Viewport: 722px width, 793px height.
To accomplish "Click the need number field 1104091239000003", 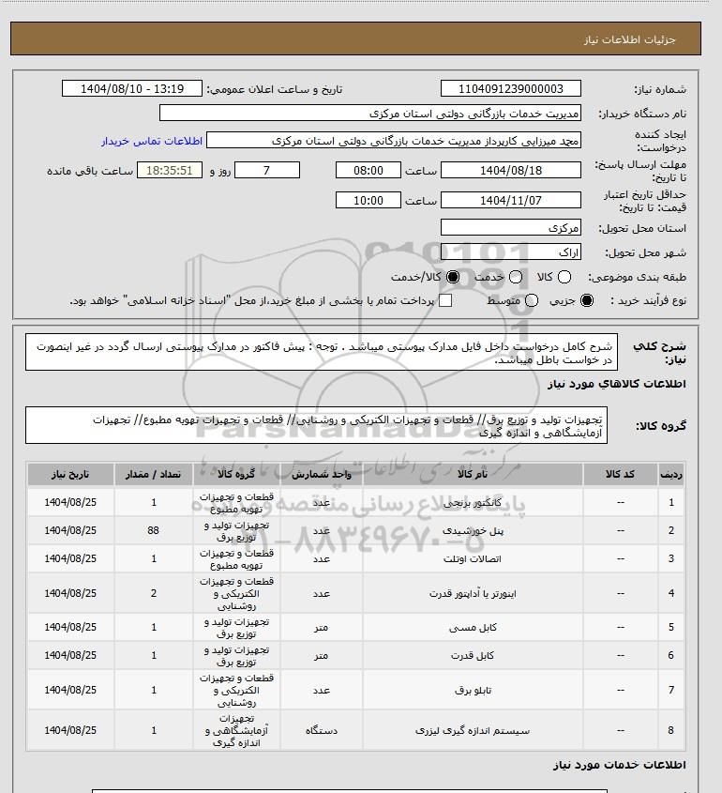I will coord(511,89).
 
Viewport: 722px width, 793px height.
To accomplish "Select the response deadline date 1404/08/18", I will coord(511,171).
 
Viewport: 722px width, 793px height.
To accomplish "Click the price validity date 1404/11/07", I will coord(511,201).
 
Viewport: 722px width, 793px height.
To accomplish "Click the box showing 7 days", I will coord(266,171).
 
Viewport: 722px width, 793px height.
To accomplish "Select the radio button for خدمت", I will coord(514,278).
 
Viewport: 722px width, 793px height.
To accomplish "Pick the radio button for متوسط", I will coord(533,300).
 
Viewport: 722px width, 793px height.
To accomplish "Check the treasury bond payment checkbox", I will coord(445,300).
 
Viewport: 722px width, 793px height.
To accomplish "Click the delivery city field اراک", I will coord(511,252).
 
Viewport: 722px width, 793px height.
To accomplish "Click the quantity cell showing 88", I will coord(154,530).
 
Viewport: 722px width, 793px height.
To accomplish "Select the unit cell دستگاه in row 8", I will coord(321,729).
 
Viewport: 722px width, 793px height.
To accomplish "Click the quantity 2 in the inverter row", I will coord(154,593).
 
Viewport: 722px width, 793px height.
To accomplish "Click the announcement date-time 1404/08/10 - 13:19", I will coord(131,89).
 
